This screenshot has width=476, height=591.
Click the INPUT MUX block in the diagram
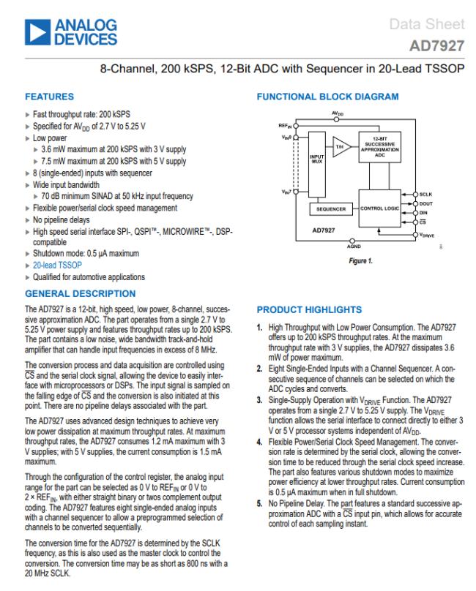317,159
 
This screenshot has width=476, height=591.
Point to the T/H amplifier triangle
340,146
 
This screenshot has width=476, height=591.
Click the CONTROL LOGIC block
384,208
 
